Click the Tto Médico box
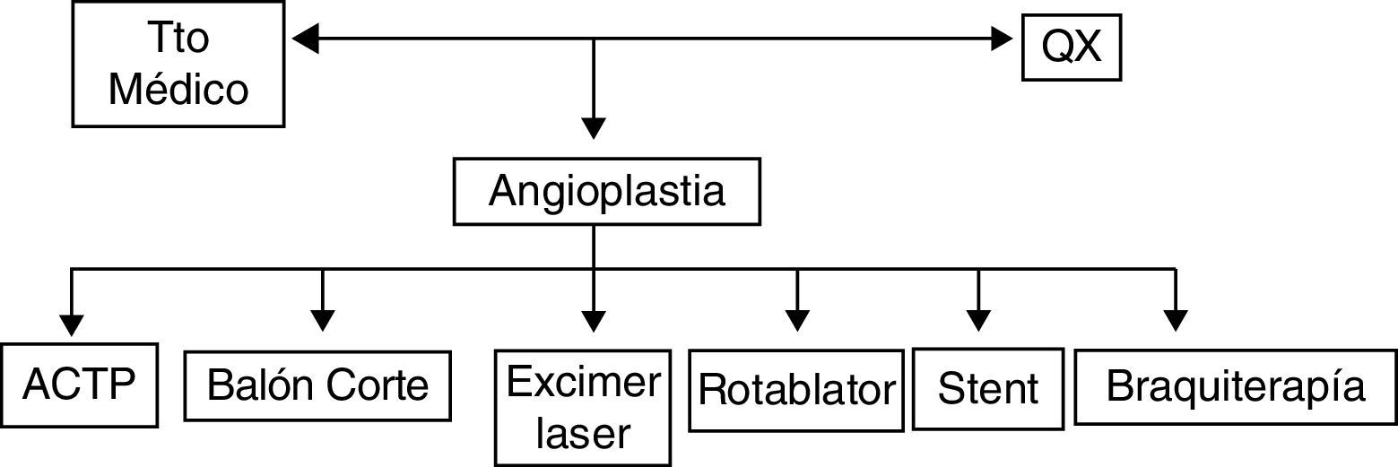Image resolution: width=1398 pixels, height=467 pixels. point(178,64)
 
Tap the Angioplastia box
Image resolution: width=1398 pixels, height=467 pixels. point(606,192)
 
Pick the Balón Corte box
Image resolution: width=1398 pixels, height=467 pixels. point(317,385)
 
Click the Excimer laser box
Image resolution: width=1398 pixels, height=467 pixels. point(583,407)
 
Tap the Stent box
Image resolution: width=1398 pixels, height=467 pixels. point(988,388)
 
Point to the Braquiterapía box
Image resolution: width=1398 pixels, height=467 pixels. point(1236,386)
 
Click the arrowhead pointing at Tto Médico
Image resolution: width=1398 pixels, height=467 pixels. point(306,39)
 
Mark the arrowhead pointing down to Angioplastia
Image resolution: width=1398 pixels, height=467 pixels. point(593,128)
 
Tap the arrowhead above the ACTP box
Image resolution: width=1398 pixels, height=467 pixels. point(71,323)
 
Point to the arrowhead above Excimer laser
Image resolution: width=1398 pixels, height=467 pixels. point(593,321)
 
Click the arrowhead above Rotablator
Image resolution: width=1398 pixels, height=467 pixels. point(796,321)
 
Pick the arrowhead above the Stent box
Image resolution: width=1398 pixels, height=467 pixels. point(978,321)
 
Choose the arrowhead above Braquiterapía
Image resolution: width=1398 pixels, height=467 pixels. point(1175,321)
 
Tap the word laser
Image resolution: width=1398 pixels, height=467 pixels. point(583,435)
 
